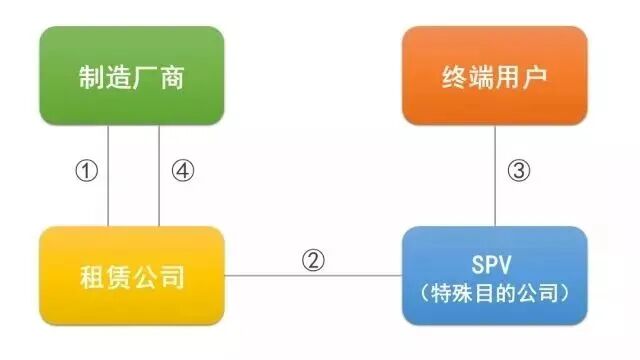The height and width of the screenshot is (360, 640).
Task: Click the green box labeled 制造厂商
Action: [132, 78]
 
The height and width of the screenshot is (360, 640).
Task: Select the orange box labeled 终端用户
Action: [495, 78]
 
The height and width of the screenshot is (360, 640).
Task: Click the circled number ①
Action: [87, 171]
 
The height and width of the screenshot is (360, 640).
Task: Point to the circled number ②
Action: [313, 260]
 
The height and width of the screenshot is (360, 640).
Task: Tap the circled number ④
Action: [183, 171]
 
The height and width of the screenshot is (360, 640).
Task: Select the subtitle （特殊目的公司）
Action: [495, 292]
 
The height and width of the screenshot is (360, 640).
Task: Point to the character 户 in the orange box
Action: [537, 78]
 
